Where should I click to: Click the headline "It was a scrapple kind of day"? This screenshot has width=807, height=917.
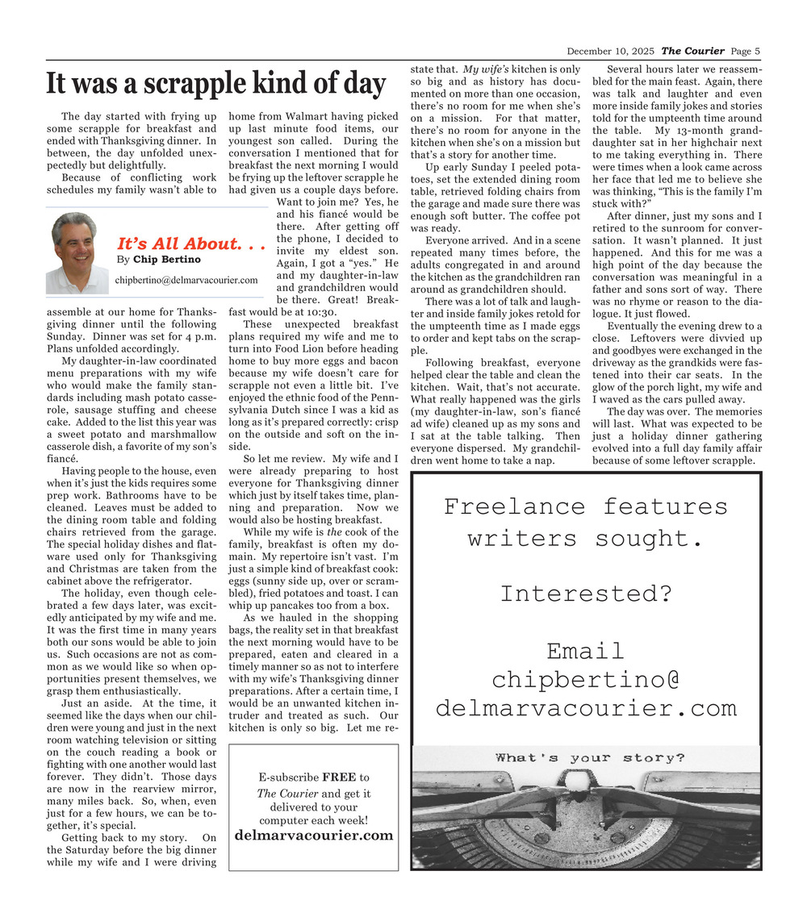coord(215,83)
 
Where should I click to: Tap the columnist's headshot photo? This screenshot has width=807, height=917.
coord(77,252)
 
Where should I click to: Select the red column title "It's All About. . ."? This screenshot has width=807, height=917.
coord(190,244)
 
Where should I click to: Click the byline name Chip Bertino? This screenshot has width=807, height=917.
coord(167,260)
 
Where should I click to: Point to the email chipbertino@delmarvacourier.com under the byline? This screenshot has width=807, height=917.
coord(186,280)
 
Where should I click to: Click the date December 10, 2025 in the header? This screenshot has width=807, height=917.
coord(612,52)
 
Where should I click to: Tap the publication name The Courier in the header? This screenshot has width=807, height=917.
coord(692,52)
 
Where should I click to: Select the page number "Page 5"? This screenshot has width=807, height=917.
coord(746,52)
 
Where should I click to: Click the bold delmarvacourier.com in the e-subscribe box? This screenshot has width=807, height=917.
coord(314,836)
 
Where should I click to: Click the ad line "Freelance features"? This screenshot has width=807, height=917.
coord(585,506)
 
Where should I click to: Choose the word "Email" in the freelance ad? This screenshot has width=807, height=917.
coord(585,650)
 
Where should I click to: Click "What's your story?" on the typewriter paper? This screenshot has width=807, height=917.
coord(590,758)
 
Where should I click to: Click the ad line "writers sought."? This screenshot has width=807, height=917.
coord(585,538)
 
